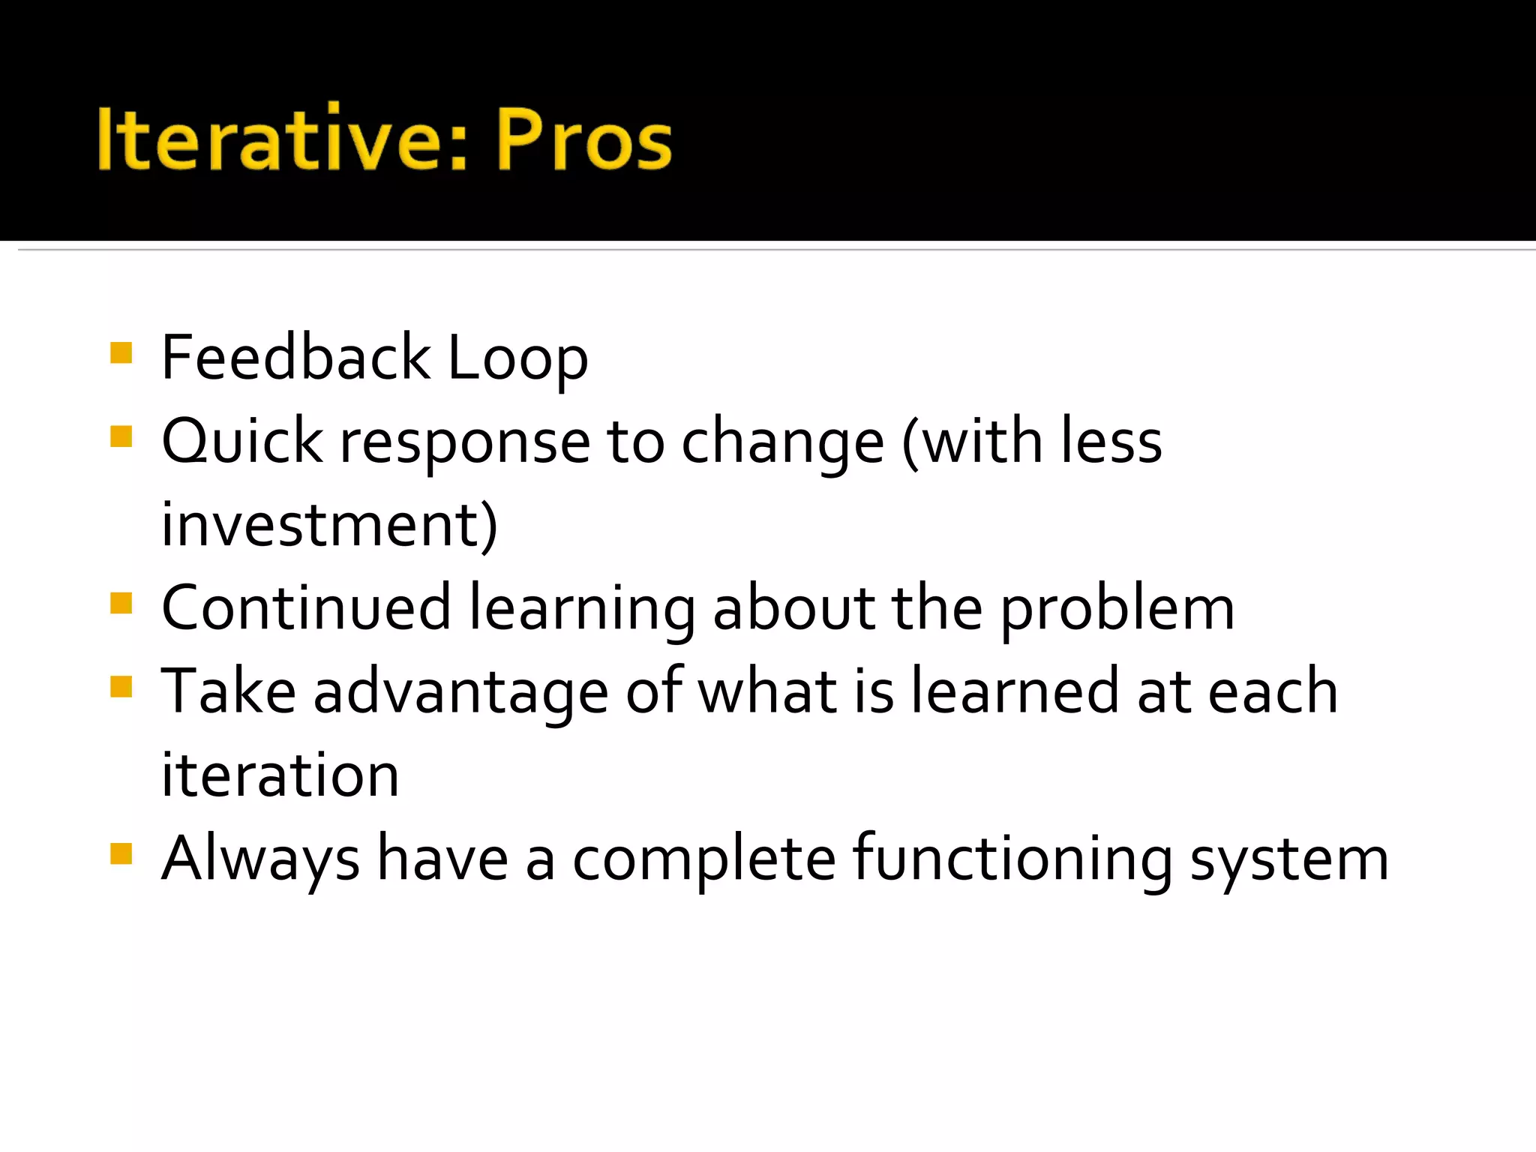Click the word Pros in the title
tap(583, 139)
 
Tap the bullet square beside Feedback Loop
tap(121, 352)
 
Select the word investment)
tap(329, 524)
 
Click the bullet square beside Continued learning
tap(121, 603)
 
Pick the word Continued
tap(306, 607)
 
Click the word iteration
tap(280, 775)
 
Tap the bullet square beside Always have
tap(121, 853)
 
